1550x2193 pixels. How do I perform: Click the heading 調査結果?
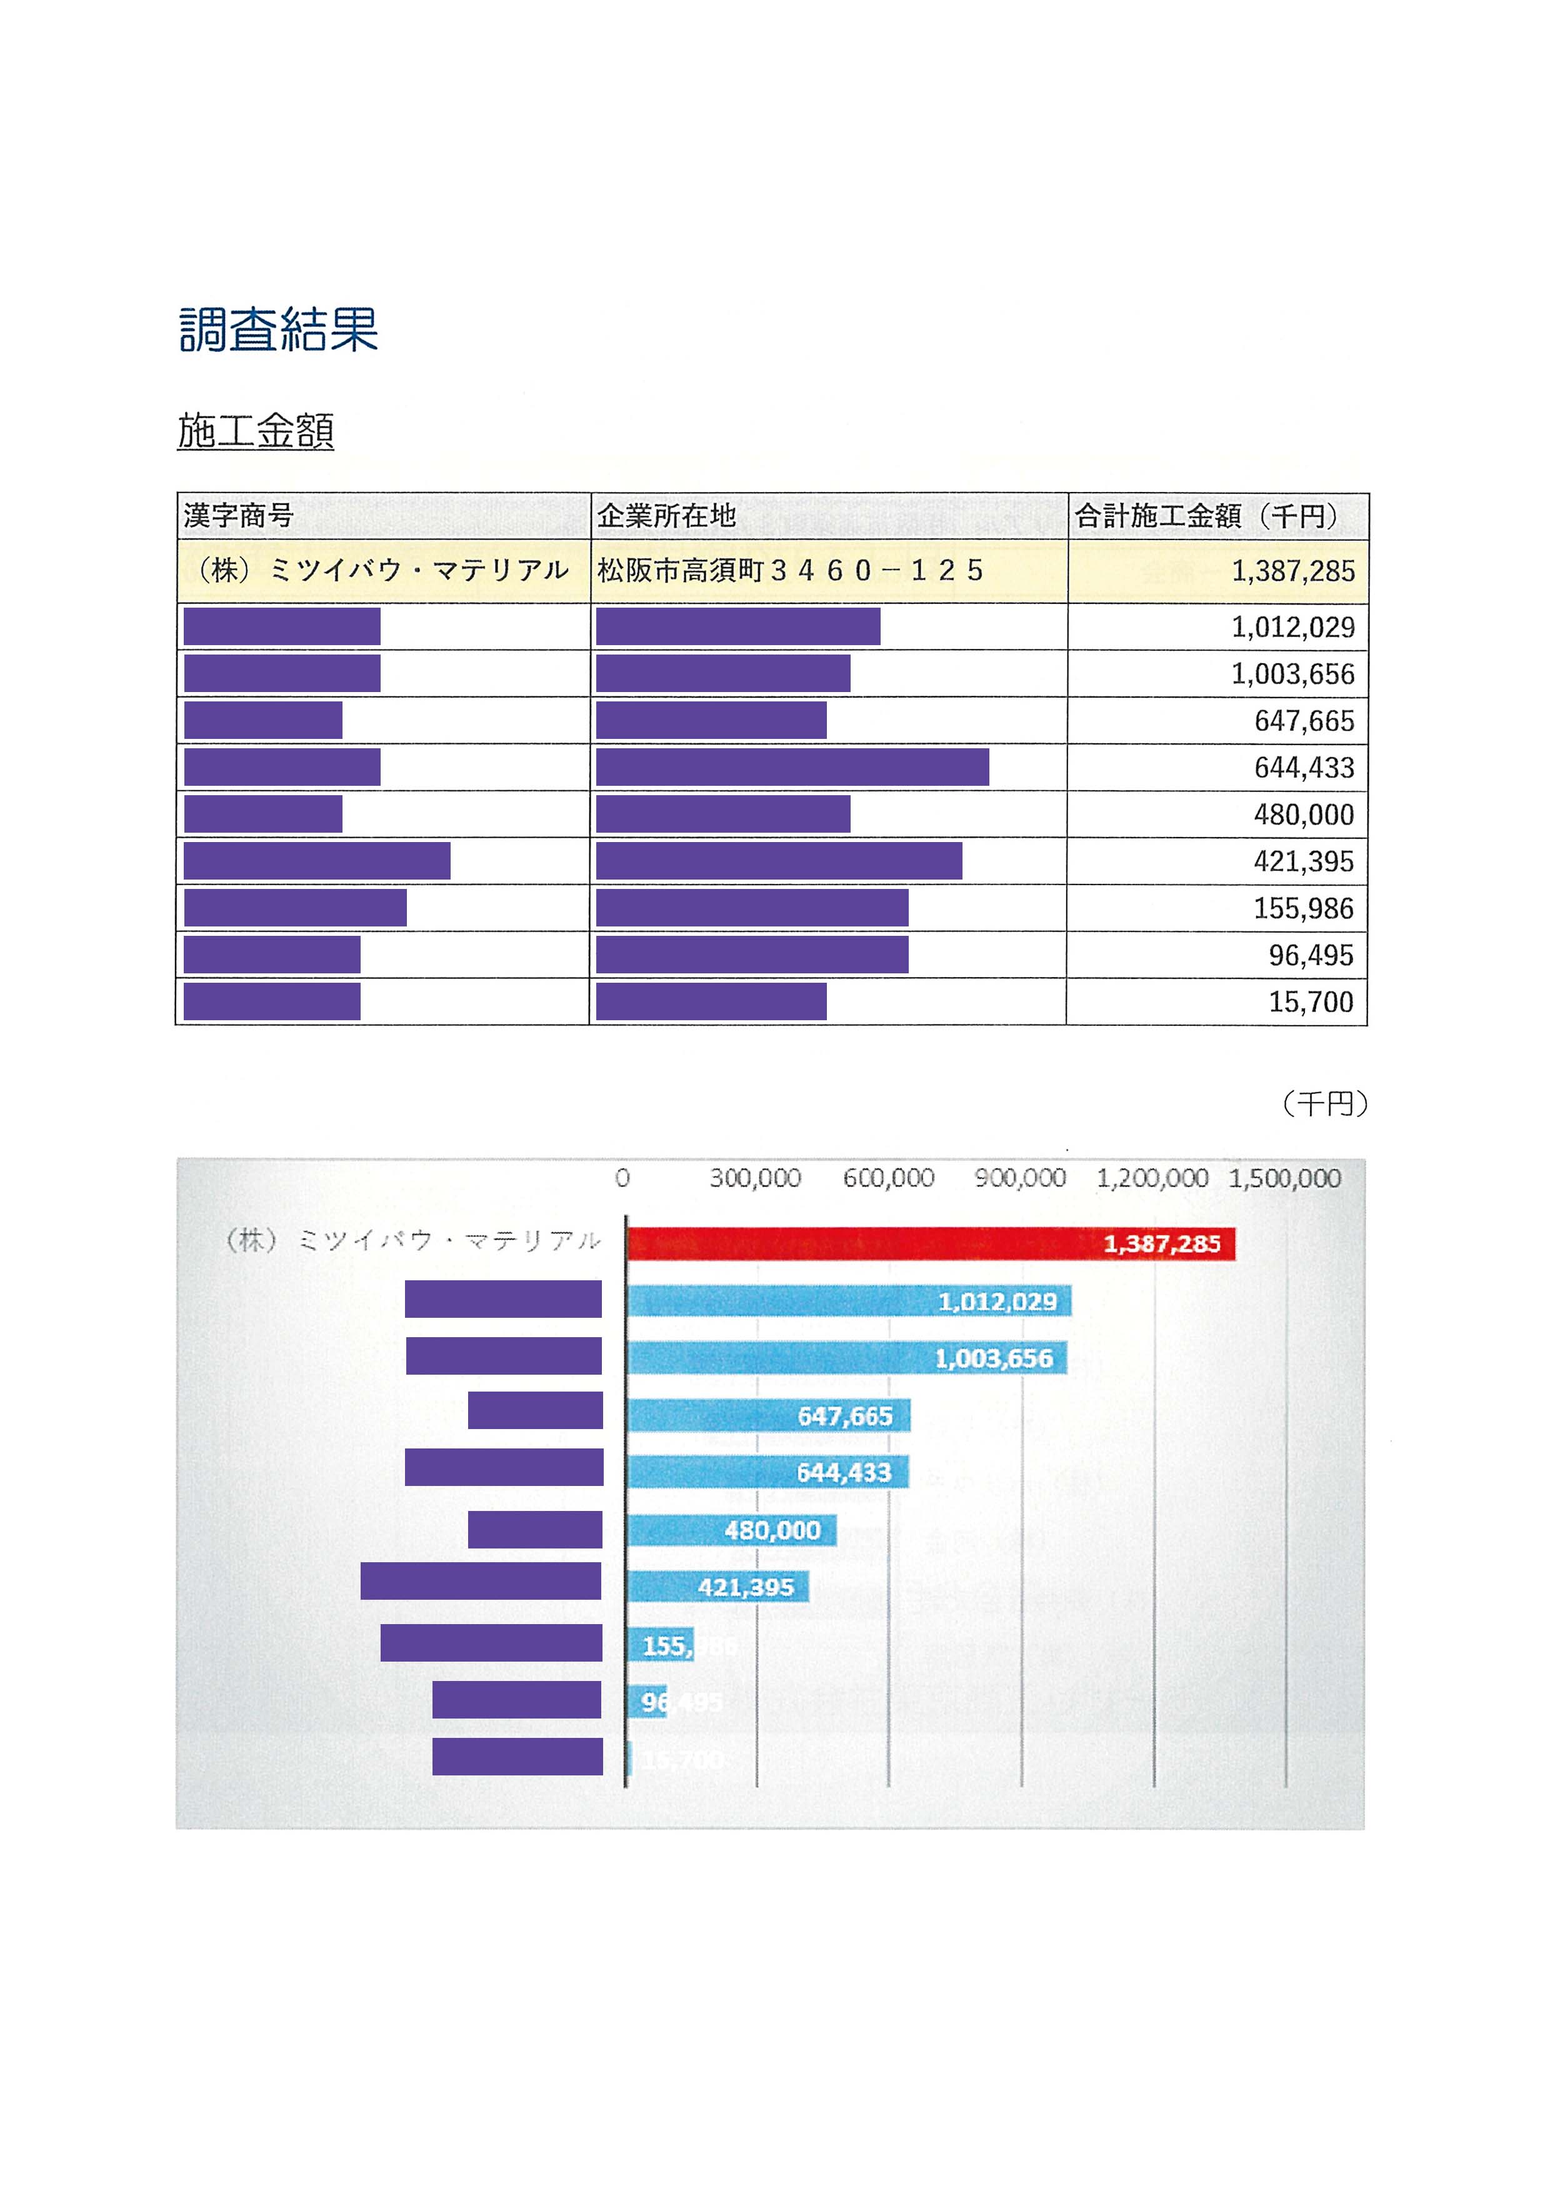click(278, 329)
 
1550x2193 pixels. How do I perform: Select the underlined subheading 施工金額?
click(256, 431)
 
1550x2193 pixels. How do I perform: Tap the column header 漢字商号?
click(239, 516)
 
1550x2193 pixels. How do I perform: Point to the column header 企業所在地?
click(667, 516)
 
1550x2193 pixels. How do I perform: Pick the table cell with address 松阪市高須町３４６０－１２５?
click(791, 571)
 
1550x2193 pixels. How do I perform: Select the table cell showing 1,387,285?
click(1292, 571)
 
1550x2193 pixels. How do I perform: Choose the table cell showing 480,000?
click(1304, 815)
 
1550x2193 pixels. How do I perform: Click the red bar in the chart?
click(931, 1243)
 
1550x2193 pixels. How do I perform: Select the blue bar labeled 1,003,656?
click(847, 1358)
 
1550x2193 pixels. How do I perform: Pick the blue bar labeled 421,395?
click(718, 1587)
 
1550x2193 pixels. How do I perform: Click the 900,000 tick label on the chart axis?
click(1020, 1178)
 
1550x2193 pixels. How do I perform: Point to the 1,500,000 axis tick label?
click(1284, 1178)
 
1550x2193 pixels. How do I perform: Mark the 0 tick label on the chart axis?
click(622, 1178)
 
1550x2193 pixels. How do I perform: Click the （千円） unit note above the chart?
click(1324, 1104)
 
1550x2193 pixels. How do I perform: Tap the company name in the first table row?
click(382, 571)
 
